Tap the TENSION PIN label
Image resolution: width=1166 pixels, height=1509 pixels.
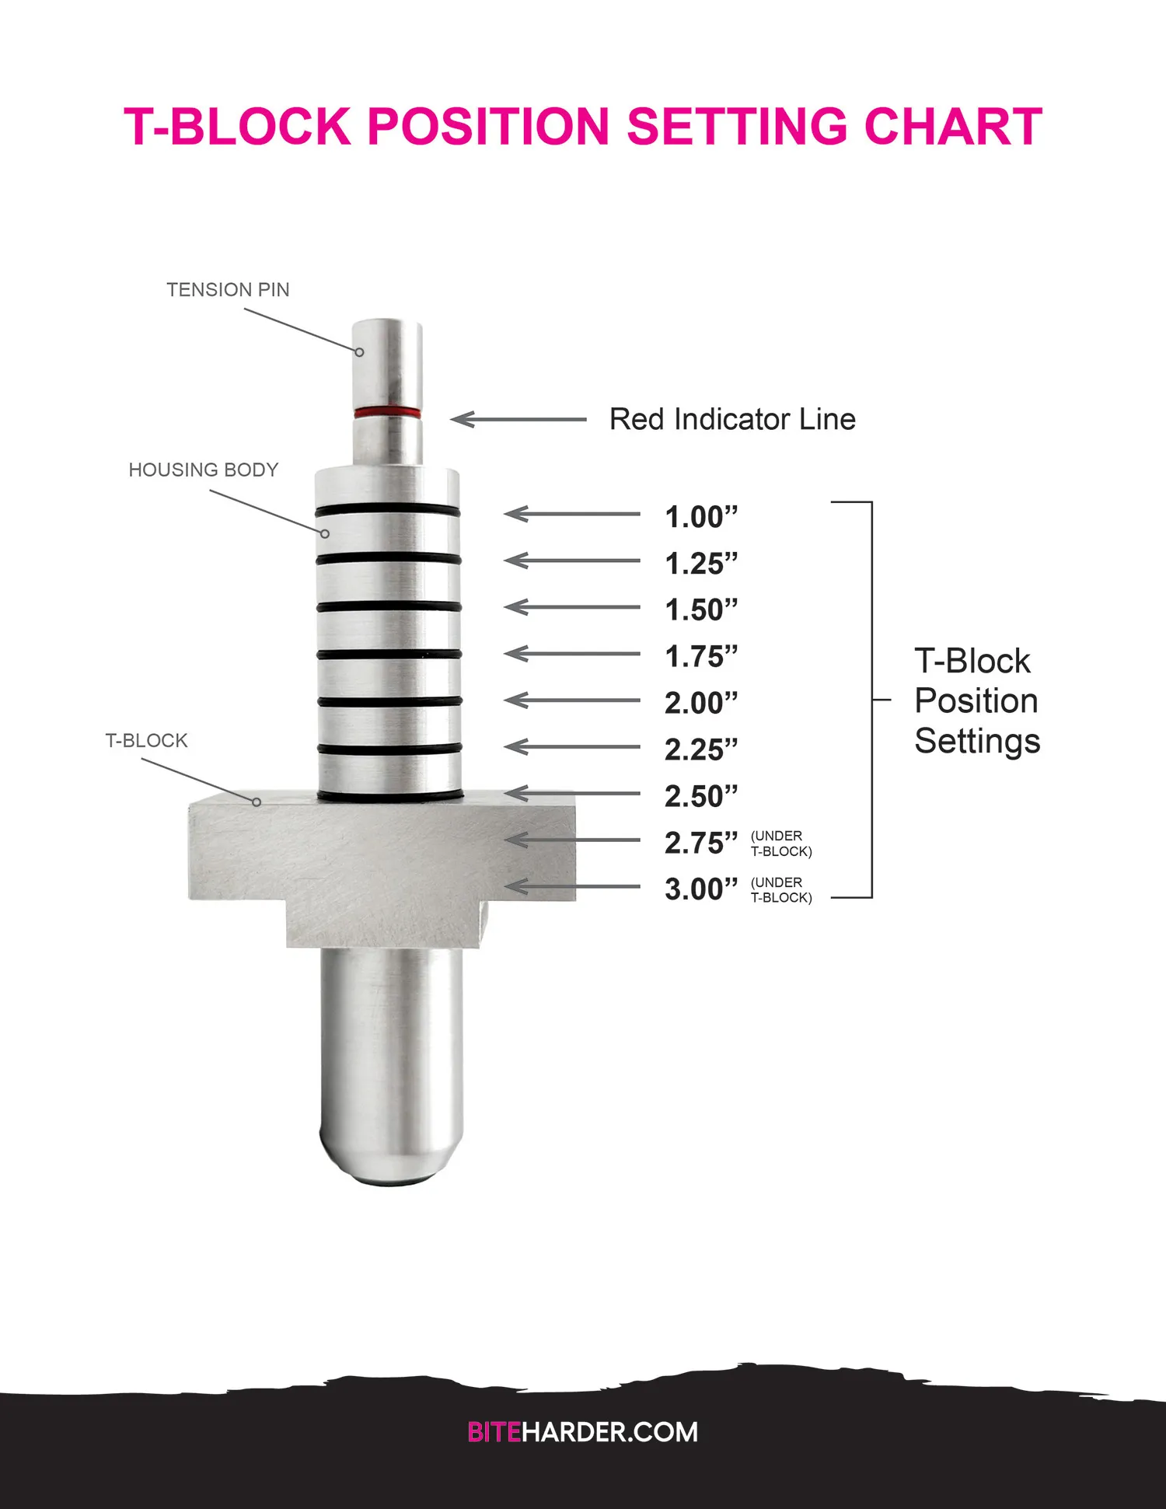(228, 289)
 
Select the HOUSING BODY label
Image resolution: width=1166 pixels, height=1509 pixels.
(204, 470)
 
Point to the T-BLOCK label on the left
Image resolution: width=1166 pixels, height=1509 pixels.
(146, 740)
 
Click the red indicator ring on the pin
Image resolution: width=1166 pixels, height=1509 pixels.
(387, 411)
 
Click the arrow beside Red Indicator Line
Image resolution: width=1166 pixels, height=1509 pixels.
(518, 420)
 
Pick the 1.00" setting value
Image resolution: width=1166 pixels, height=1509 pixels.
(700, 517)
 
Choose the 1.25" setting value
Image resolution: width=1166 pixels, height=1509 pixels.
(700, 564)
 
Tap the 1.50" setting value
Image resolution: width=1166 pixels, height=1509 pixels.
(700, 610)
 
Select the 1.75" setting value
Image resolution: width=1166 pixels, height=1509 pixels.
(700, 657)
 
